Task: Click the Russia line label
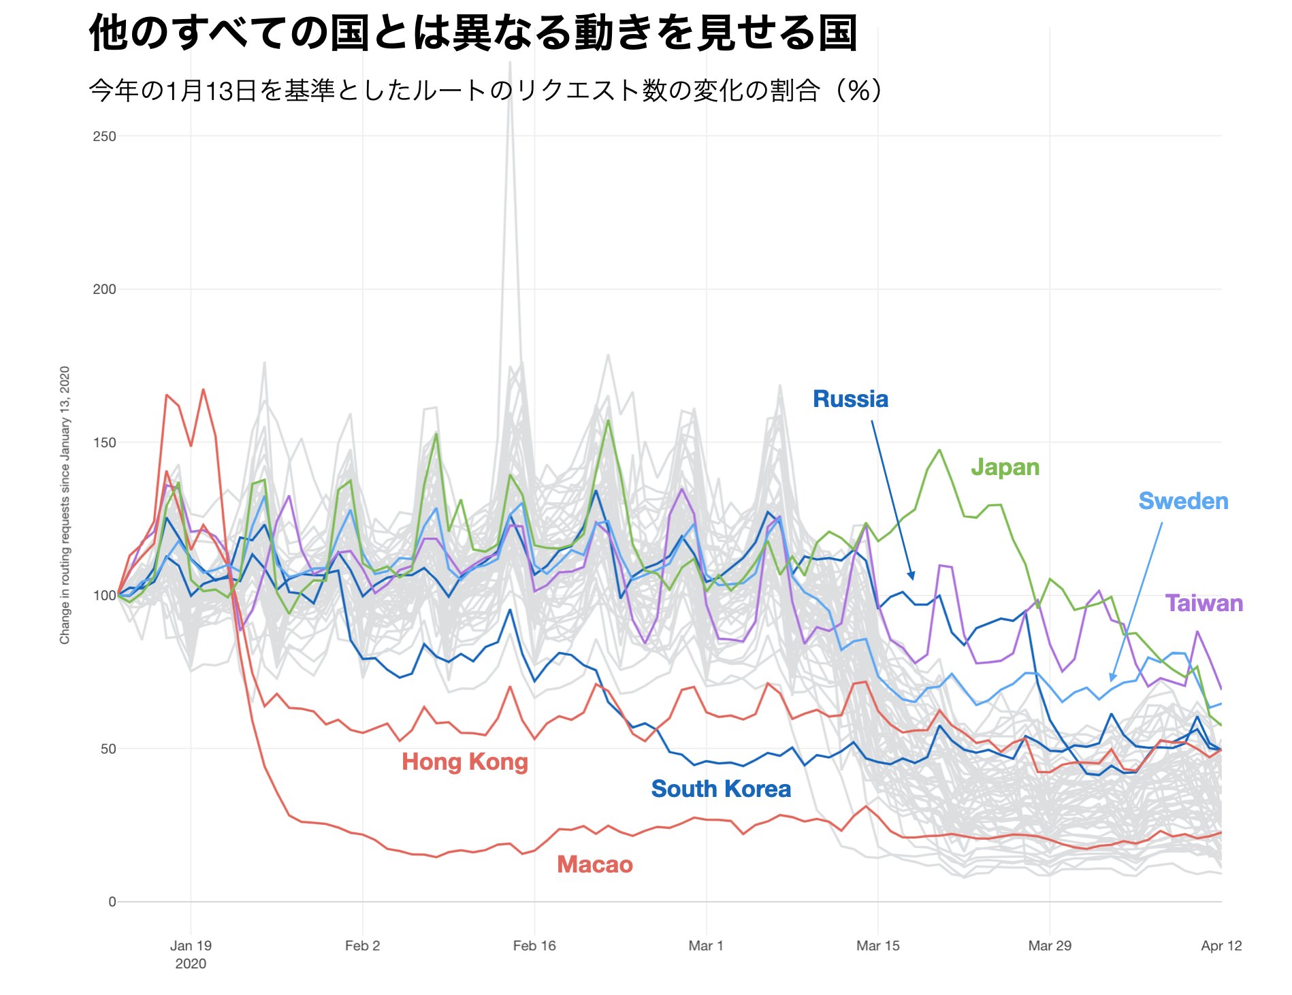pos(850,399)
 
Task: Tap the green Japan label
pos(1005,467)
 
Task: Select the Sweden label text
pos(1183,501)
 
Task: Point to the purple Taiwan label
pos(1204,603)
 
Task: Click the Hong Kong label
pos(465,762)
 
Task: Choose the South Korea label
pos(721,789)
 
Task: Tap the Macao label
pos(595,864)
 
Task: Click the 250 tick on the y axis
pos(104,136)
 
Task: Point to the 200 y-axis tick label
pos(104,289)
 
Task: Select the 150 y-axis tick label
pos(104,442)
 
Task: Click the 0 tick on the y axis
pos(112,902)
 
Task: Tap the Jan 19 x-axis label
pos(191,946)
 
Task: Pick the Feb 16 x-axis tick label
pos(534,946)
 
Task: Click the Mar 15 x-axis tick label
pos(877,946)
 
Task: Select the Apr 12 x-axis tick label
pos(1221,946)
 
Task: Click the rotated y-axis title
pos(65,505)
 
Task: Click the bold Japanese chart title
pos(473,33)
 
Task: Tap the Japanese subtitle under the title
pos(486,91)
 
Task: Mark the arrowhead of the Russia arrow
pos(911,576)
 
